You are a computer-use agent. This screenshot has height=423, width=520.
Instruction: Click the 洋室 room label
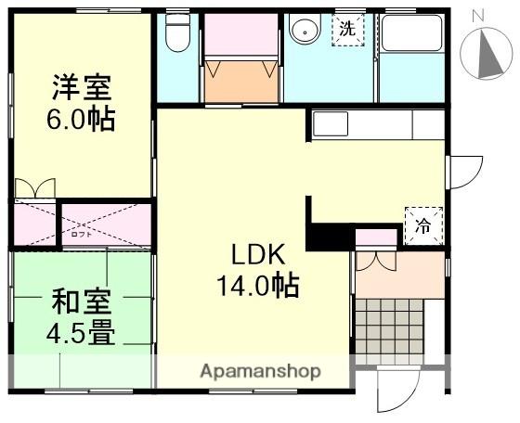[81, 89]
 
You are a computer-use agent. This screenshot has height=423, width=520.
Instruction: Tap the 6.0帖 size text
[81, 121]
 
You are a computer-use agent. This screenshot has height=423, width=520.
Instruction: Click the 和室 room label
[81, 301]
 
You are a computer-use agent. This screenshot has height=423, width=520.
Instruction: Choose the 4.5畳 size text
[81, 332]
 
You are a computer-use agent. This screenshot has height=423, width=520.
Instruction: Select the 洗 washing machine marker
[347, 29]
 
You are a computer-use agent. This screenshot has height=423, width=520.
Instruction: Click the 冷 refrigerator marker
[423, 224]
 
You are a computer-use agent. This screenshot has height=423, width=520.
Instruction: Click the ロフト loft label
[81, 234]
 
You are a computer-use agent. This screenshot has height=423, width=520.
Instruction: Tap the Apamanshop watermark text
[261, 371]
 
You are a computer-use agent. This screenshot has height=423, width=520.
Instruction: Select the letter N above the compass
[479, 14]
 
